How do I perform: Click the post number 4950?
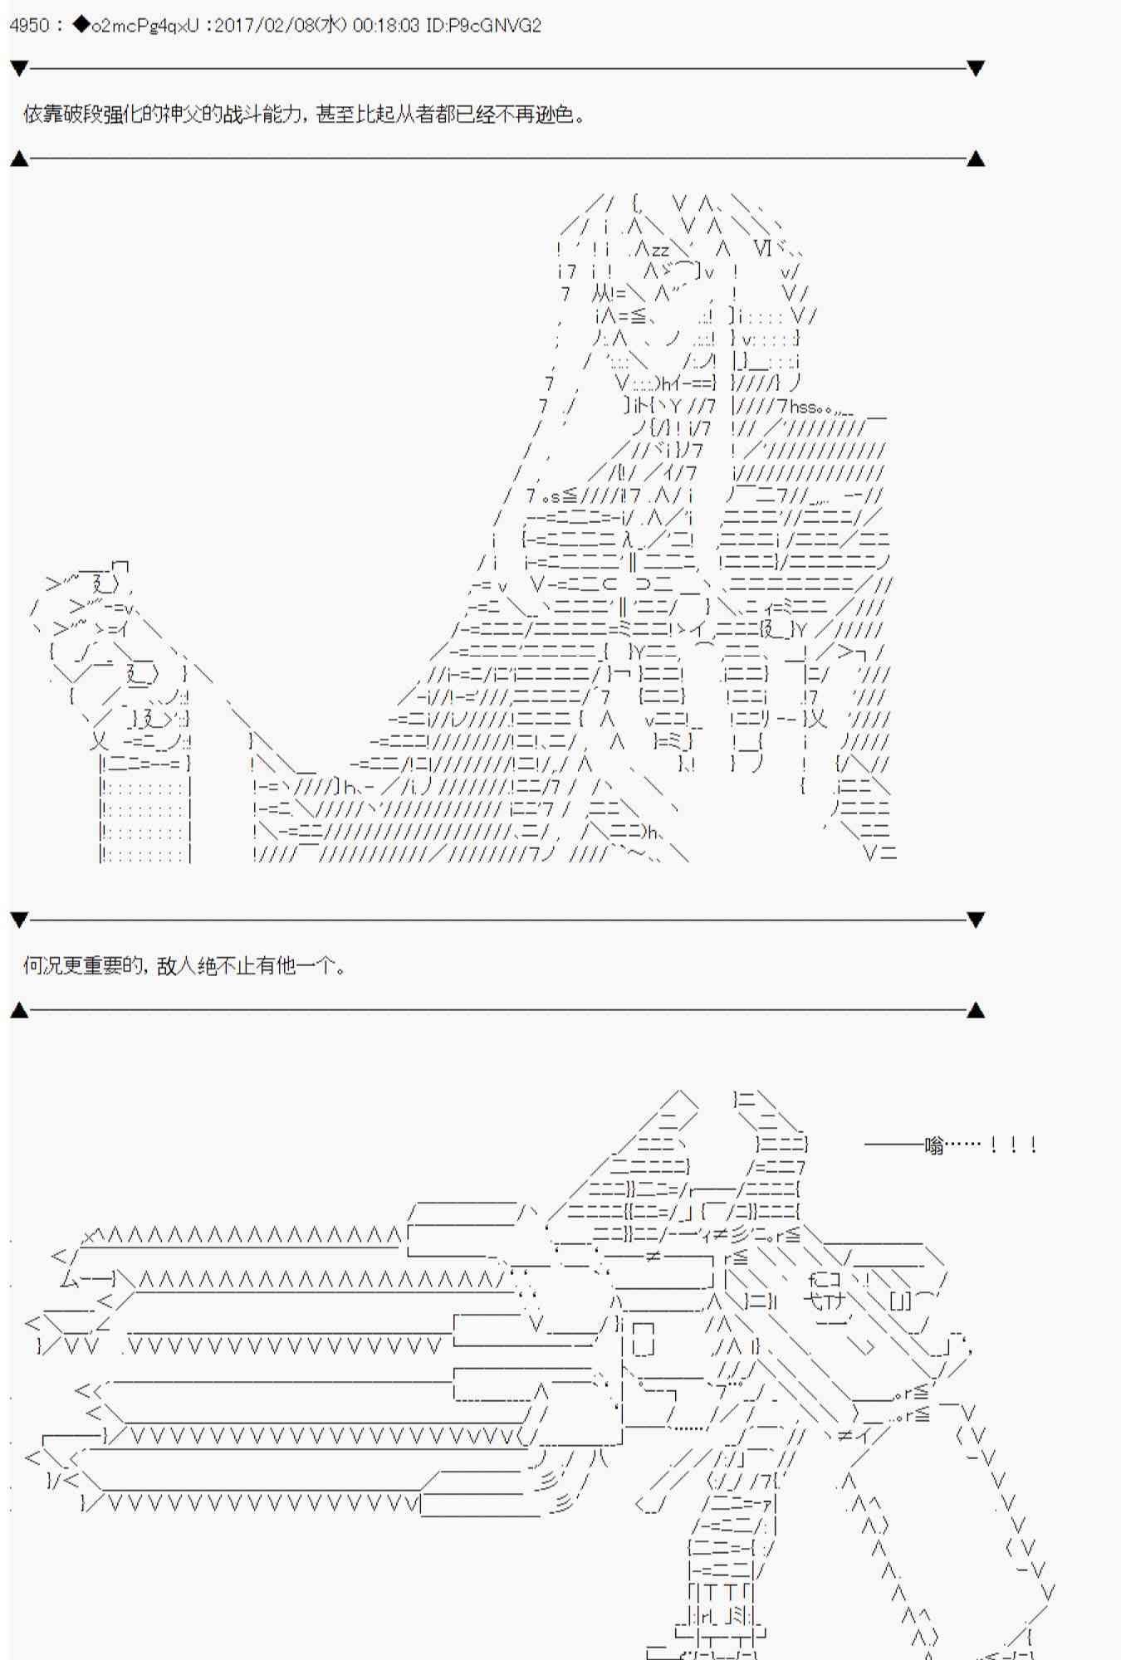[x=29, y=26]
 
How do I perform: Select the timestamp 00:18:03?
[x=386, y=26]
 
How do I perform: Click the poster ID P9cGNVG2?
[x=493, y=26]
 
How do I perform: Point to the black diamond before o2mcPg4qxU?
[x=81, y=26]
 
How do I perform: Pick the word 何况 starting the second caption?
[x=43, y=965]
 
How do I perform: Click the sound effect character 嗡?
[x=935, y=1146]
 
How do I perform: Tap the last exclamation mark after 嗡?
[x=1032, y=1146]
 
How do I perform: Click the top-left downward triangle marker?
[x=19, y=68]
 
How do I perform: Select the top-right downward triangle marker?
[x=976, y=68]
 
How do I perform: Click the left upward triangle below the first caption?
[x=19, y=159]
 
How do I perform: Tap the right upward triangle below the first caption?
[x=976, y=159]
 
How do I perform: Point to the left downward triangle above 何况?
[x=19, y=920]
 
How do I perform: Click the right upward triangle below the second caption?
[x=976, y=1010]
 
